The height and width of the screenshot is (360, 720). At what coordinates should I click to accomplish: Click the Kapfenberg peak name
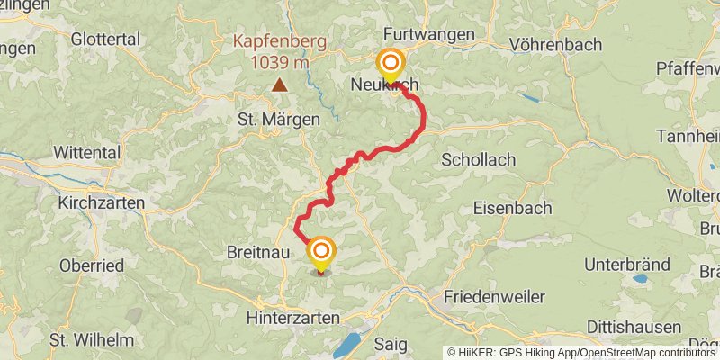point(281,41)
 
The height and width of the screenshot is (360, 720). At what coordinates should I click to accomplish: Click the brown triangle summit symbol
point(281,85)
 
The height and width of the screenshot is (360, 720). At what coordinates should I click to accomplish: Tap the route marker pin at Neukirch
point(391,66)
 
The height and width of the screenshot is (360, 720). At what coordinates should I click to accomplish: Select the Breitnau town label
point(258,254)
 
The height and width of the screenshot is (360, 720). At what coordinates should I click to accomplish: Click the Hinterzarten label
point(293,318)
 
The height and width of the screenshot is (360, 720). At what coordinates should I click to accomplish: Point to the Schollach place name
point(479,159)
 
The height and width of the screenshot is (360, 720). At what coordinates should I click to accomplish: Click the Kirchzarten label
point(101,203)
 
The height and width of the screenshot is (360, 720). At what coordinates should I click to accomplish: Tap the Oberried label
point(92,265)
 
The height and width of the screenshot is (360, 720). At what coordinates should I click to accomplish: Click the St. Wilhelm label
point(92,340)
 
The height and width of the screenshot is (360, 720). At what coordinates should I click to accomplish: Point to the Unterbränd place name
point(626,265)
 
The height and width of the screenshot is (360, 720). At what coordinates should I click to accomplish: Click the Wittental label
point(87,152)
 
